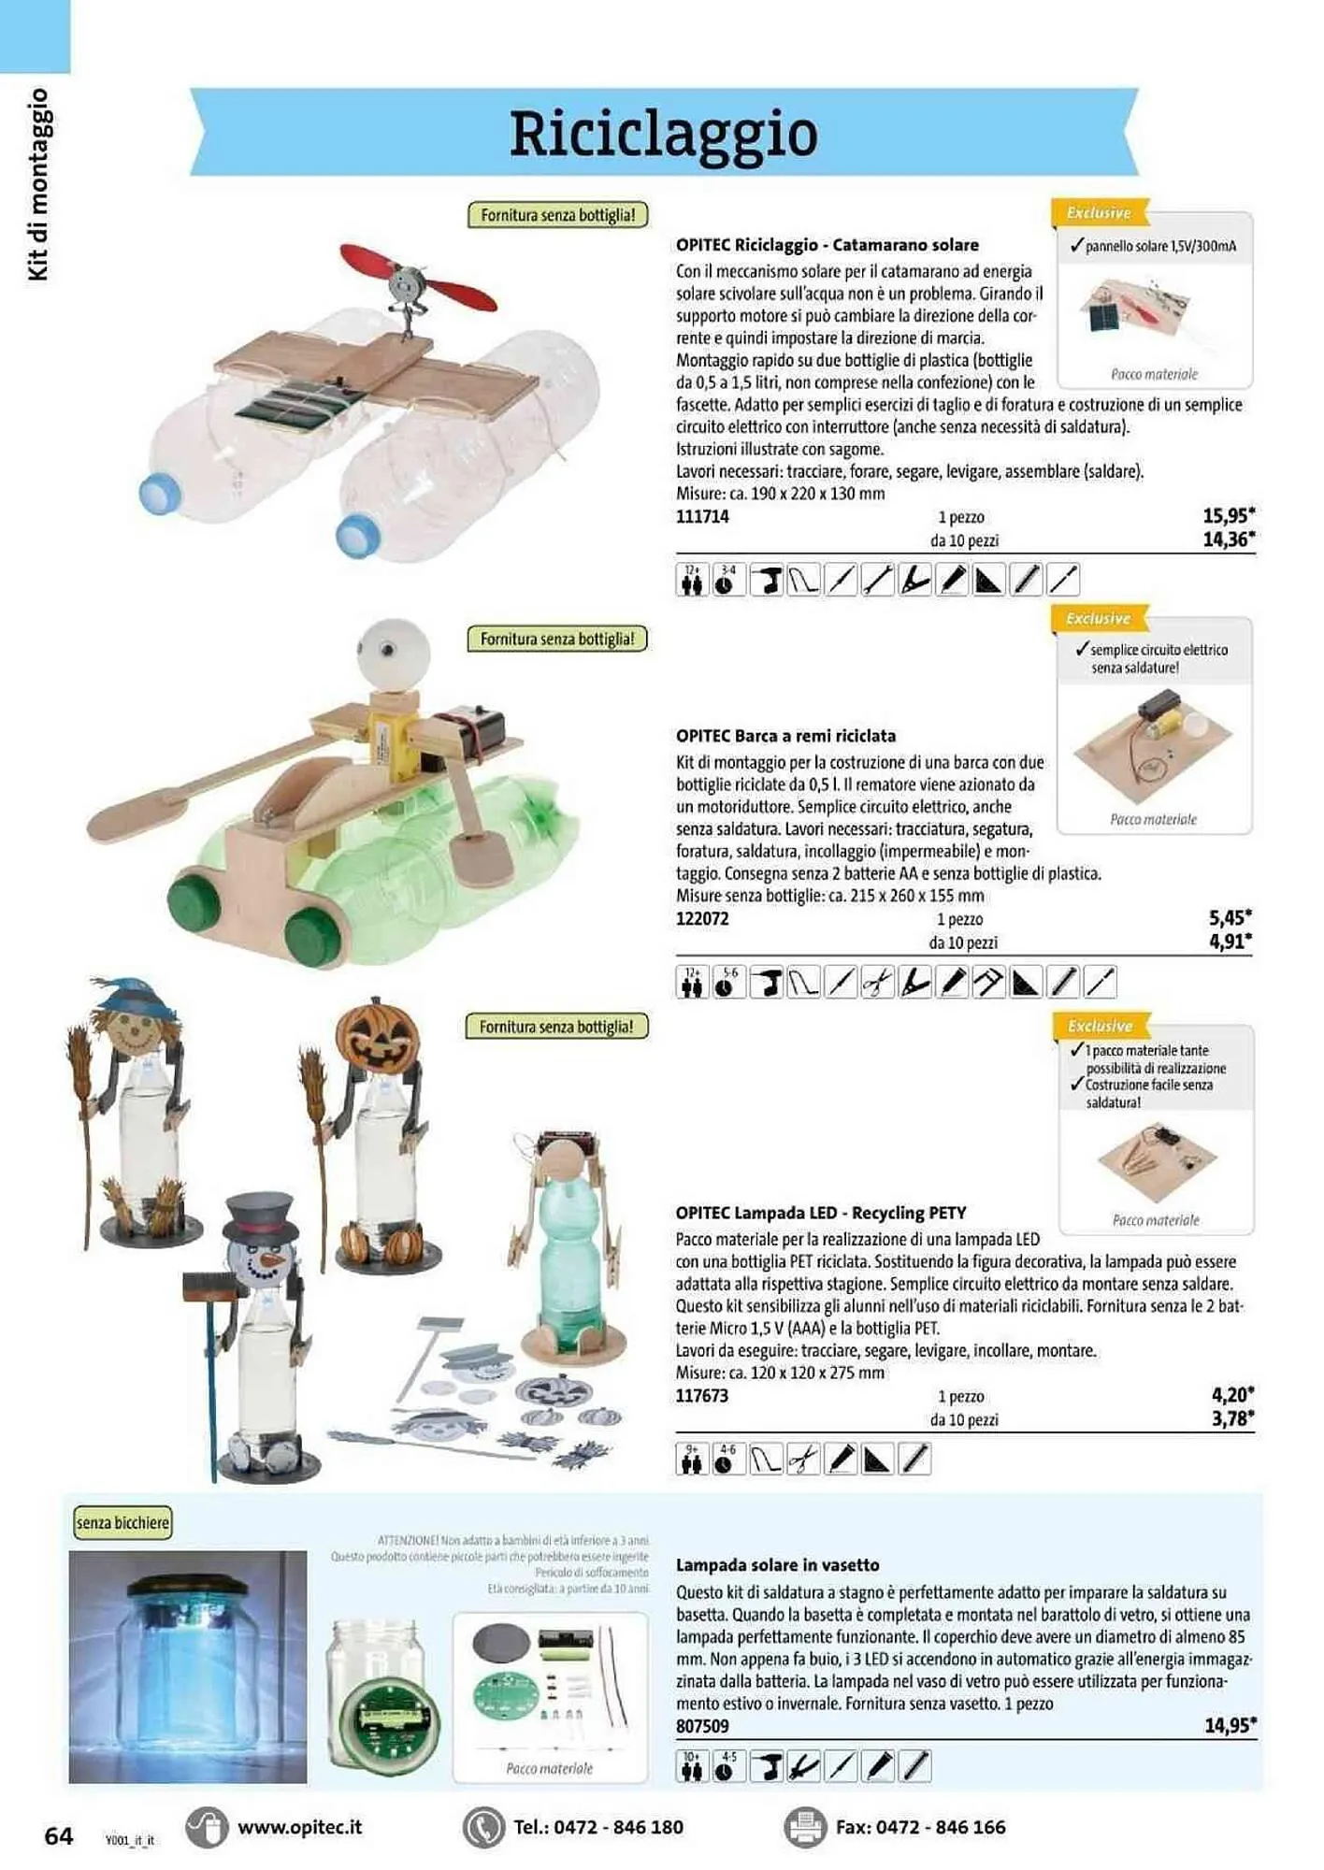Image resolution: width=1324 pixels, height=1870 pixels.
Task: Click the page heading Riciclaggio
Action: pyautogui.click(x=663, y=134)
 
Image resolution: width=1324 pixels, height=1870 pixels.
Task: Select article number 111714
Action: pyautogui.click(x=701, y=517)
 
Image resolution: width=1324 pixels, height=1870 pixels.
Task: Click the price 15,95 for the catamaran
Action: pyautogui.click(x=1228, y=515)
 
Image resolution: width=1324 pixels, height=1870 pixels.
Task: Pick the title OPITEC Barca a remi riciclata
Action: pyautogui.click(x=785, y=736)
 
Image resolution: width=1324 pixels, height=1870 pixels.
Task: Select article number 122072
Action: pyautogui.click(x=701, y=919)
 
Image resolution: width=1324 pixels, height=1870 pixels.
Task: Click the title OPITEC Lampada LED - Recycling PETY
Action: pyautogui.click(x=820, y=1213)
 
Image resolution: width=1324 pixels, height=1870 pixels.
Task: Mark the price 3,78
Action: pyautogui.click(x=1231, y=1418)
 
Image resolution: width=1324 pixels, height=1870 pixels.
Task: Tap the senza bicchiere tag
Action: pyautogui.click(x=122, y=1523)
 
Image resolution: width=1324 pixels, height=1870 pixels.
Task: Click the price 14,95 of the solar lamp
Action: pyautogui.click(x=1229, y=1725)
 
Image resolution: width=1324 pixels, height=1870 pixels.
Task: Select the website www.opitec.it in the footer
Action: pyautogui.click(x=299, y=1827)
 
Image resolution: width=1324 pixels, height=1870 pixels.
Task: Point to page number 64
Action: pyautogui.click(x=58, y=1836)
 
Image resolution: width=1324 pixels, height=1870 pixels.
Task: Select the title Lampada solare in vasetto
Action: pyautogui.click(x=777, y=1565)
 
